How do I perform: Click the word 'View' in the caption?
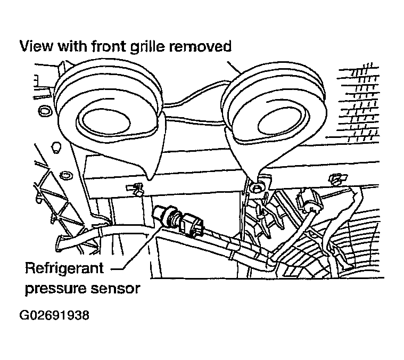(36, 47)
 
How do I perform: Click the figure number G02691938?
(54, 315)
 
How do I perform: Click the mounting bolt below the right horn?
(258, 188)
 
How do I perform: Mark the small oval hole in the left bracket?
(67, 175)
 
